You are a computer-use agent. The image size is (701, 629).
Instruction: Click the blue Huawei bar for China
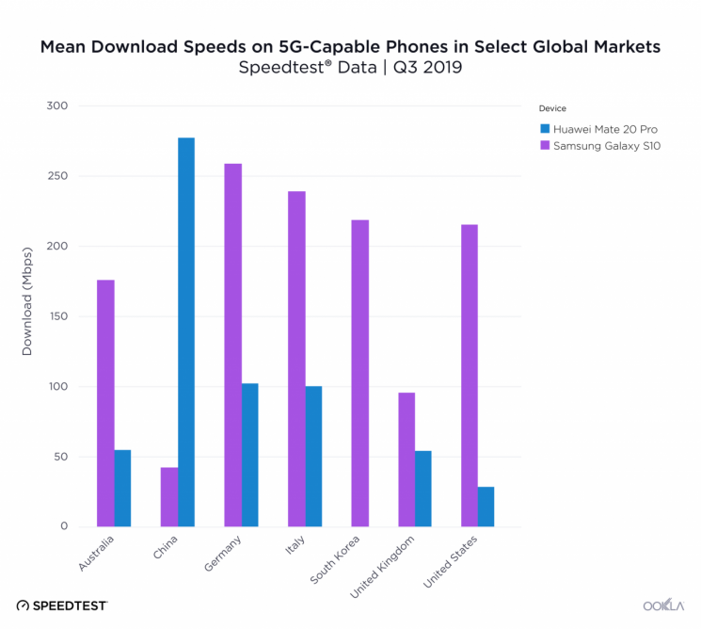pos(186,331)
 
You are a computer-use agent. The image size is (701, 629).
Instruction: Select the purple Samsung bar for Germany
pos(232,345)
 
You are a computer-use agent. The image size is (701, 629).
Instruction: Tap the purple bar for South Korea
pos(359,373)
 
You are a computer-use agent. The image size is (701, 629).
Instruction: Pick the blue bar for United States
pos(486,507)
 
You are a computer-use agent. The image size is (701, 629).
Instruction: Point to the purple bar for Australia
pos(105,403)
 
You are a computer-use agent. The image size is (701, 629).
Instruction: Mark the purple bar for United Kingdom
pos(406,460)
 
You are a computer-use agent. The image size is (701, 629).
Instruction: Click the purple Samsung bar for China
pos(169,497)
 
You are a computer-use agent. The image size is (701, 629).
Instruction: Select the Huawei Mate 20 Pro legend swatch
pos(544,127)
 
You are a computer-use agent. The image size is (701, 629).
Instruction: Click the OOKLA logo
pos(662,605)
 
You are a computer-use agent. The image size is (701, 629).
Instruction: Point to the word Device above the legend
pos(552,108)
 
